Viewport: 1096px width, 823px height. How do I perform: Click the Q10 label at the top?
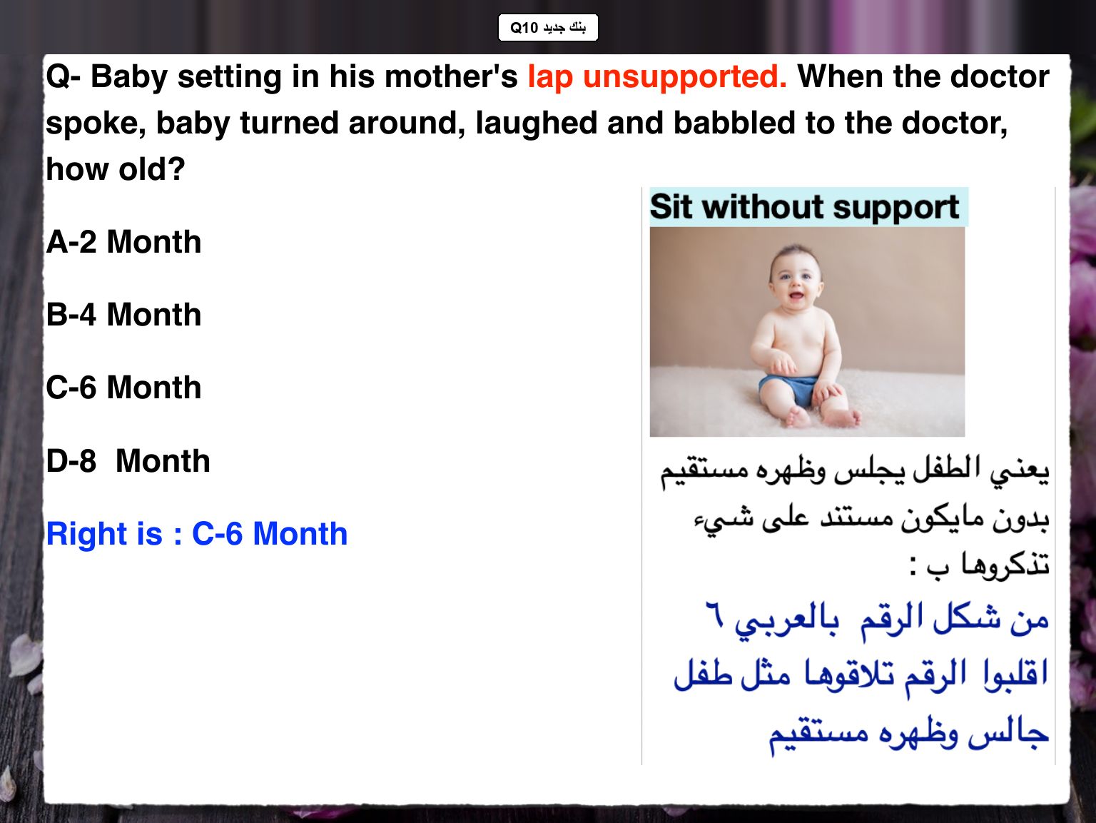pyautogui.click(x=548, y=27)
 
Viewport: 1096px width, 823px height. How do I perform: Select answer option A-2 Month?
pyautogui.click(x=124, y=242)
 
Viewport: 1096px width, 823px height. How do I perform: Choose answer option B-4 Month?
pyautogui.click(x=124, y=315)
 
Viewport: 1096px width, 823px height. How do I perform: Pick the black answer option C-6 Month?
pyautogui.click(x=124, y=388)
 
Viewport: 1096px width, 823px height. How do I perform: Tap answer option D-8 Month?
pyautogui.click(x=128, y=460)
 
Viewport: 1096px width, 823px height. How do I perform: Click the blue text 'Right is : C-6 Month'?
pyautogui.click(x=197, y=533)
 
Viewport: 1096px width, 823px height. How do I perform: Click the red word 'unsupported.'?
pyautogui.click(x=685, y=78)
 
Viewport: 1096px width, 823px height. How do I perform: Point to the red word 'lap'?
pyautogui.click(x=550, y=78)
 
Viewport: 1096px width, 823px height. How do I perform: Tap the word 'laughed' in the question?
pyautogui.click(x=537, y=124)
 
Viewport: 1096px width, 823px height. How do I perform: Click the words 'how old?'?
pyautogui.click(x=116, y=168)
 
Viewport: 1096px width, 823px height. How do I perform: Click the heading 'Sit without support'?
pyautogui.click(x=804, y=207)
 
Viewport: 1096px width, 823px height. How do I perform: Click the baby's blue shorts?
pyautogui.click(x=788, y=390)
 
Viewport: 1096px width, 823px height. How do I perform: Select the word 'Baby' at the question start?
pyautogui.click(x=129, y=78)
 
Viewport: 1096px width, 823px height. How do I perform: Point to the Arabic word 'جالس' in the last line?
pyautogui.click(x=1009, y=733)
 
